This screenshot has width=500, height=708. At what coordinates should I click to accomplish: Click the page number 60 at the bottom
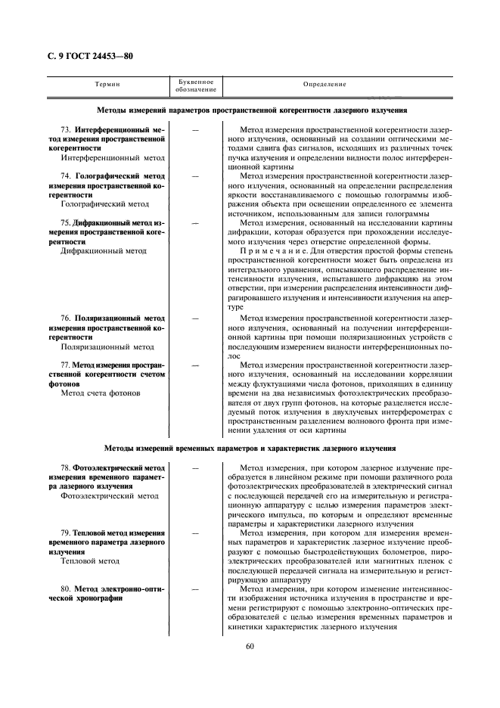pos(250,645)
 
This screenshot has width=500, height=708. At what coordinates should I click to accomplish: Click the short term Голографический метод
pos(104,204)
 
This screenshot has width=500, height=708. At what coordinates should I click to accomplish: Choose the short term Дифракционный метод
pos(104,250)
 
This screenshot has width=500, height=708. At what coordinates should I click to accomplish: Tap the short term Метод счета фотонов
pos(100,393)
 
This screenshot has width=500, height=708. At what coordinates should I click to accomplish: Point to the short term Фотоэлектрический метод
pos(109,497)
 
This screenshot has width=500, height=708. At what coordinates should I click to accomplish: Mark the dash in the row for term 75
pos(196,223)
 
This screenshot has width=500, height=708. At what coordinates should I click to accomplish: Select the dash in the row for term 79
pos(196,533)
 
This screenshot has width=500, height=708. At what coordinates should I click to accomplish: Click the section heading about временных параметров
pos(250,449)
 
